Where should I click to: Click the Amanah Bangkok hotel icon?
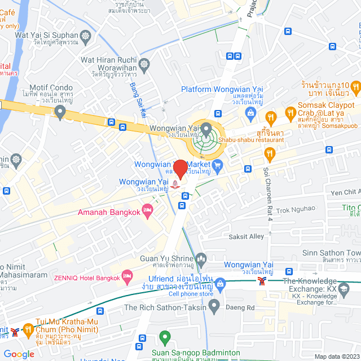point(148,212)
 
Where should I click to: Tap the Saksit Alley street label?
point(246,236)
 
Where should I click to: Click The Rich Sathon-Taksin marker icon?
point(214,307)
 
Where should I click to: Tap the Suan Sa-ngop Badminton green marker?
point(165,338)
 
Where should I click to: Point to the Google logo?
point(19,354)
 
